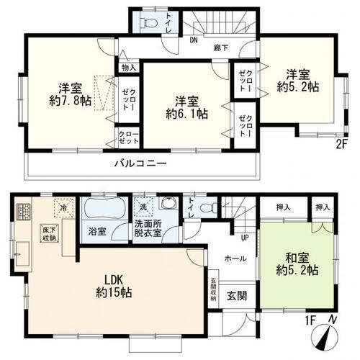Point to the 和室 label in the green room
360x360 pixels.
pyautogui.click(x=297, y=257)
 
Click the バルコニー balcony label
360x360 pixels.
pyautogui.click(x=140, y=164)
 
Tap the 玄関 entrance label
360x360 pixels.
pyautogui.click(x=236, y=294)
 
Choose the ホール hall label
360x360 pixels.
pyautogui.click(x=235, y=258)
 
